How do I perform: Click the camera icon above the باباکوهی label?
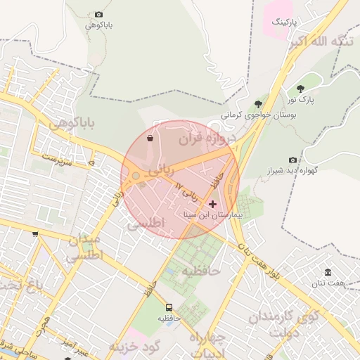(x=98, y=15)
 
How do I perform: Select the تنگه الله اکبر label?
(x=323, y=43)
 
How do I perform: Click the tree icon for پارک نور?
(x=301, y=89)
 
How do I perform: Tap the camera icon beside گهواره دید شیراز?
(x=292, y=160)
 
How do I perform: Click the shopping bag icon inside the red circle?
(x=150, y=139)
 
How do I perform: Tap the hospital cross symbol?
(x=213, y=204)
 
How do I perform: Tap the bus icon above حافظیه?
(x=169, y=307)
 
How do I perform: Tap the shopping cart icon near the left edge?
(x=35, y=235)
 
